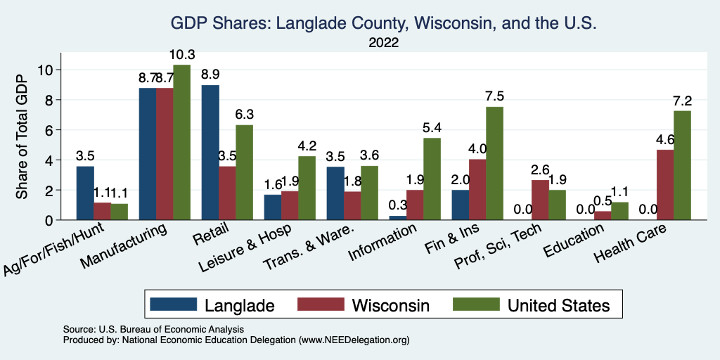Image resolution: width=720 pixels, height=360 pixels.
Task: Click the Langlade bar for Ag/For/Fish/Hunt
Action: [x=85, y=193]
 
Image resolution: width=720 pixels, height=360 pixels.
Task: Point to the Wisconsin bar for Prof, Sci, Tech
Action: [x=540, y=200]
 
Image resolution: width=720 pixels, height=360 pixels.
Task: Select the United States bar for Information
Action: [x=432, y=179]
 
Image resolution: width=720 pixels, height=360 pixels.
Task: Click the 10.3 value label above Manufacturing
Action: [x=181, y=55]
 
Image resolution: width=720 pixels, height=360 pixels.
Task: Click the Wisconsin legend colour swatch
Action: [x=321, y=304]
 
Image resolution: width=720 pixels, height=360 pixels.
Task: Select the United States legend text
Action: [x=558, y=304]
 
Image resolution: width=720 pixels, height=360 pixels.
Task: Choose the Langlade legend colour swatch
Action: [x=174, y=304]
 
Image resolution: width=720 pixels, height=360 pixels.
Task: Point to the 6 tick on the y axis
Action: [x=49, y=130]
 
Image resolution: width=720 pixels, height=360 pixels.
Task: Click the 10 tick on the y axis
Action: [x=46, y=70]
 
